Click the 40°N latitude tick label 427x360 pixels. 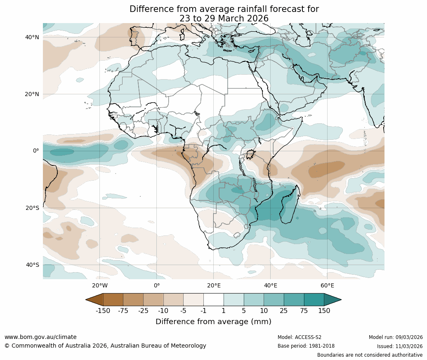[32, 37]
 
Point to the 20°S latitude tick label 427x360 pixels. [32, 208]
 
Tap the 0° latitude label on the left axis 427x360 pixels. [36, 151]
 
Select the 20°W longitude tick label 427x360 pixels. [99, 286]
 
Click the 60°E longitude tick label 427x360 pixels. [327, 286]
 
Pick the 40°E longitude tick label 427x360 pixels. [270, 286]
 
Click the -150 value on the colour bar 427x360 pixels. [103, 311]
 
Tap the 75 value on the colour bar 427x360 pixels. [304, 311]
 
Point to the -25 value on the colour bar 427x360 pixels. [143, 311]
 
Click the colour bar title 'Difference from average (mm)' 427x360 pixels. [213, 322]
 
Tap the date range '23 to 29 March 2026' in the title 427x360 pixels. [224, 19]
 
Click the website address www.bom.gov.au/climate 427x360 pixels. [40, 337]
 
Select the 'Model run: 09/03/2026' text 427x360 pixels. [396, 337]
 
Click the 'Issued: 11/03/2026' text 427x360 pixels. [399, 346]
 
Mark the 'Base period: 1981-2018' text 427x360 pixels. [306, 346]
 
